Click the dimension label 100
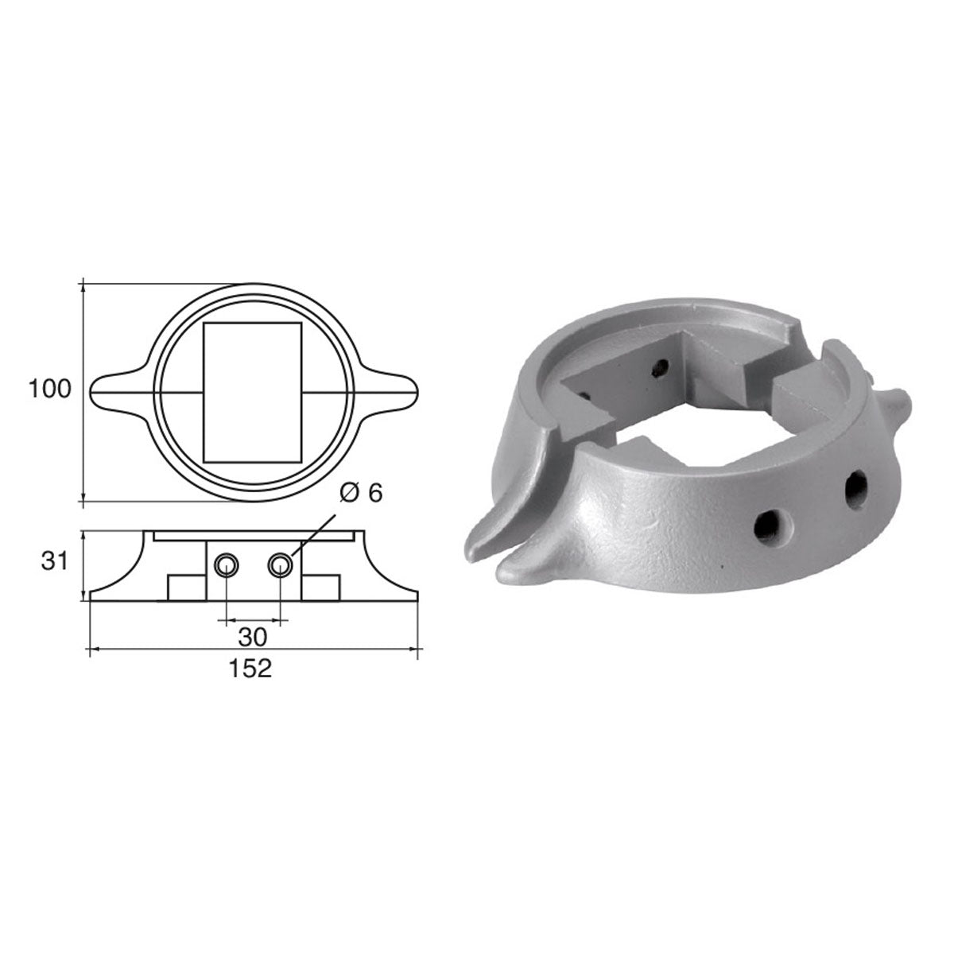pos(49,390)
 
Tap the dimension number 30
pos(253,637)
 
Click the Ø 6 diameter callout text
pos(361,494)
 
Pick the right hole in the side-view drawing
pos(279,565)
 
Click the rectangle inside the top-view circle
pos(253,392)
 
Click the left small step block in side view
pos(187,588)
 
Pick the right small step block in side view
pos(319,588)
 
